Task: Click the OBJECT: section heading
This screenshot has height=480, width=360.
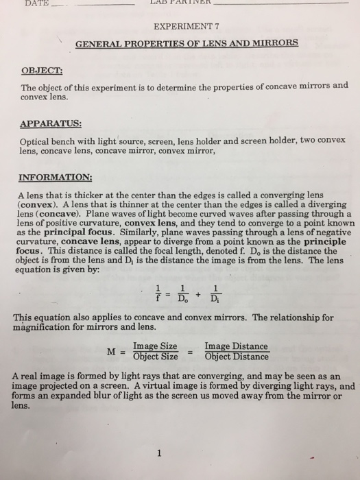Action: click(42, 70)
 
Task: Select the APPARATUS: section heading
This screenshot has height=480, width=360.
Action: click(51, 124)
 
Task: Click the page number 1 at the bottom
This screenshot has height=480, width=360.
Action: click(158, 453)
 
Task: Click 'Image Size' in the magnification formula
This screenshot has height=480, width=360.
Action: click(155, 347)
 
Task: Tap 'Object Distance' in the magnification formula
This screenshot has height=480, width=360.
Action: click(236, 357)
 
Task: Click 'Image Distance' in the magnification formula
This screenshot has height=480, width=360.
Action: click(236, 347)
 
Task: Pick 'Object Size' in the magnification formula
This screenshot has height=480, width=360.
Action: click(155, 357)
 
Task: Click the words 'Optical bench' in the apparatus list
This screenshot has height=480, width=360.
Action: click(49, 139)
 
